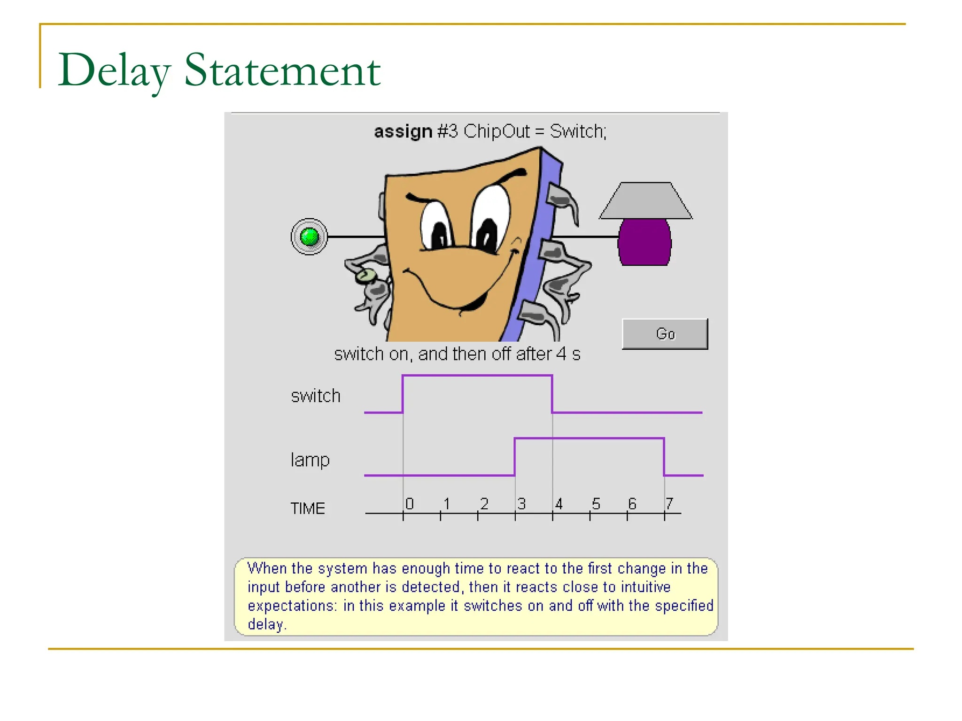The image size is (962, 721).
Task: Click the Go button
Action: point(665,334)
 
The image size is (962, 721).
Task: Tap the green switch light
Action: point(309,237)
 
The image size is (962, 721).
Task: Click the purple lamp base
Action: point(644,242)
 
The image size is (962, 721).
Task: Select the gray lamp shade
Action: point(646,201)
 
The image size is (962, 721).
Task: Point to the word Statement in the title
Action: point(282,70)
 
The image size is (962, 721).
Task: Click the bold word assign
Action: point(403,131)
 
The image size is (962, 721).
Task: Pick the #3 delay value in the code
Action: point(447,131)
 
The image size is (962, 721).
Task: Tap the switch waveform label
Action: point(315,396)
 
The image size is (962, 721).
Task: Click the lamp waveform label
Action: point(310,460)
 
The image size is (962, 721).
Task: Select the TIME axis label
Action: point(308,508)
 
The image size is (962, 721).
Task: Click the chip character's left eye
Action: point(437,225)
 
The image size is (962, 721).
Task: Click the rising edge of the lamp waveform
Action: point(515,457)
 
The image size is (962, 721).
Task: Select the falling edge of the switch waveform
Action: point(552,394)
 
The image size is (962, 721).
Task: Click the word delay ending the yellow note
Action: point(266,625)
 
